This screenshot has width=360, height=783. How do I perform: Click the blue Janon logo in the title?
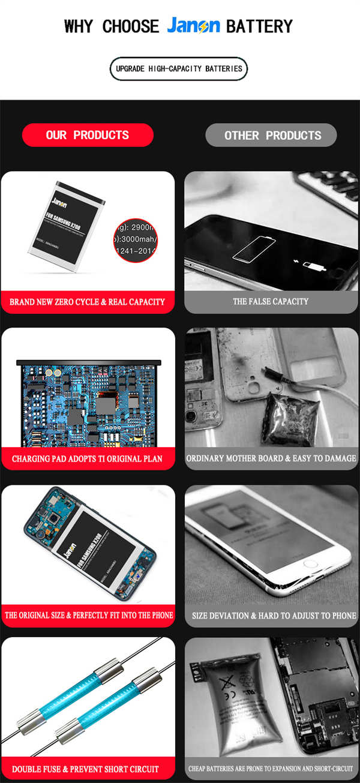point(193,26)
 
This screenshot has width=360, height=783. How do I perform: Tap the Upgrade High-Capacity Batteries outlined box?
point(179,69)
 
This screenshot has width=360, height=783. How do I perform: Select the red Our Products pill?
point(88,135)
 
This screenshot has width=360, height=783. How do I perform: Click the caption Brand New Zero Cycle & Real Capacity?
point(88,302)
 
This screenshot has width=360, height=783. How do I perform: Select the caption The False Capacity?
point(271,302)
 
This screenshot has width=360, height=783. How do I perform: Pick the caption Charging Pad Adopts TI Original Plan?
point(88,459)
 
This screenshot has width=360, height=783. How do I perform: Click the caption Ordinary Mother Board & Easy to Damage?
point(271,459)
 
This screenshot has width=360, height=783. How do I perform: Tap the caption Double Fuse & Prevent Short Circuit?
point(85,769)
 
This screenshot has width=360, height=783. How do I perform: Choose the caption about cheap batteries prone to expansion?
point(271,769)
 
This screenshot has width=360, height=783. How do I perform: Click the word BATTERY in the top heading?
point(259,26)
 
